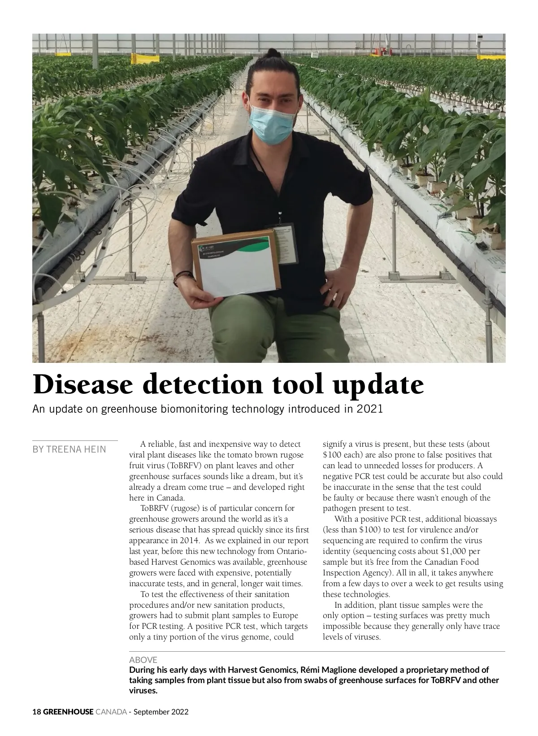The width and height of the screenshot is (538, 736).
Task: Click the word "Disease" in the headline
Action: pyautogui.click(x=83, y=384)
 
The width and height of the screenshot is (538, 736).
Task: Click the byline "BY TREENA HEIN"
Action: pyautogui.click(x=69, y=449)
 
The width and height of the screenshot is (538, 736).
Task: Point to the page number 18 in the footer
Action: pyautogui.click(x=37, y=712)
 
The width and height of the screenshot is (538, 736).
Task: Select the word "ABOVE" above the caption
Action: pyautogui.click(x=143, y=660)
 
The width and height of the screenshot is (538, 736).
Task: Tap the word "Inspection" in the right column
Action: pyautogui.click(x=341, y=573)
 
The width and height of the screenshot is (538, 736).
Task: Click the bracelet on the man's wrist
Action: pyautogui.click(x=182, y=274)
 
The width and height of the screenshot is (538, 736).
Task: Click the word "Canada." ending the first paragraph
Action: pyautogui.click(x=171, y=498)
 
